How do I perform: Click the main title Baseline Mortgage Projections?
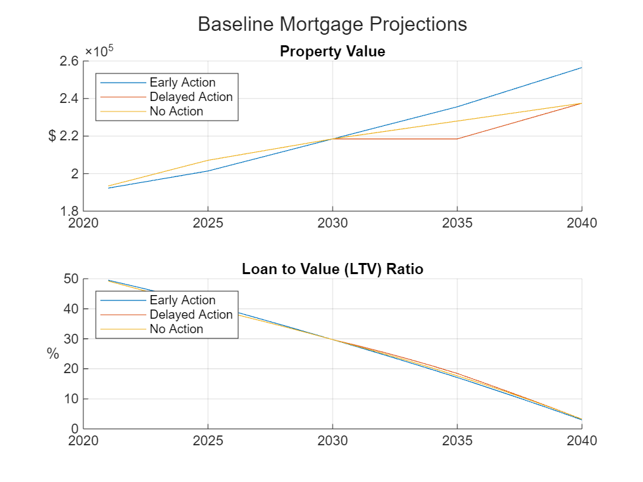pyautogui.click(x=332, y=24)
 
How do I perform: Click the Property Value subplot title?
pyautogui.click(x=332, y=51)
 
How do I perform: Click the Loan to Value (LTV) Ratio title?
pyautogui.click(x=332, y=269)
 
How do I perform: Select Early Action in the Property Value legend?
pyautogui.click(x=182, y=83)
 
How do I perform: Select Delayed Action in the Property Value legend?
pyautogui.click(x=191, y=97)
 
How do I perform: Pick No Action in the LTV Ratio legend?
pyautogui.click(x=176, y=329)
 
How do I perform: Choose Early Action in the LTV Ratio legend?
pyautogui.click(x=182, y=300)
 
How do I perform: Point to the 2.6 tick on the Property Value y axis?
pyautogui.click(x=70, y=61)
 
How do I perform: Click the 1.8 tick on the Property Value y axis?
pyautogui.click(x=70, y=211)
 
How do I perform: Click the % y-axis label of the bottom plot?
pyautogui.click(x=52, y=354)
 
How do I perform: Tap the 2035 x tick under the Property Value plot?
pyautogui.click(x=457, y=223)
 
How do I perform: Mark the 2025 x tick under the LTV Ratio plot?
pyautogui.click(x=208, y=441)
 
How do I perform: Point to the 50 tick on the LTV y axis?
pyautogui.click(x=72, y=279)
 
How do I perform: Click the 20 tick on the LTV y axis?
pyautogui.click(x=72, y=369)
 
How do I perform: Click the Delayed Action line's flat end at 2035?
pyautogui.click(x=457, y=138)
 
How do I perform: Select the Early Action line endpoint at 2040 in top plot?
pyautogui.click(x=581, y=68)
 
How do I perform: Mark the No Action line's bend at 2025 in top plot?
pyautogui.click(x=208, y=160)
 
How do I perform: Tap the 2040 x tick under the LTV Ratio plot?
pyautogui.click(x=581, y=441)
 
